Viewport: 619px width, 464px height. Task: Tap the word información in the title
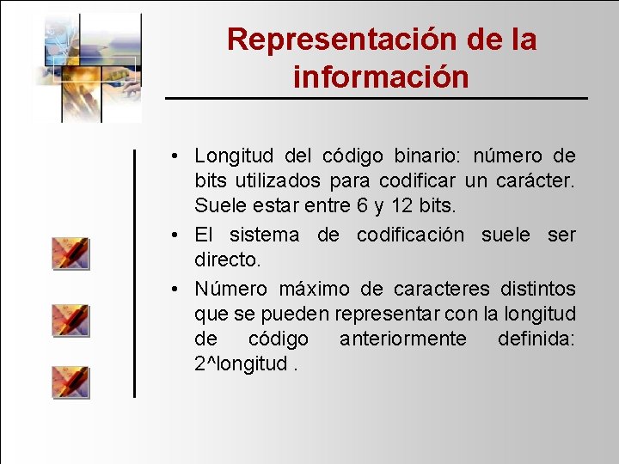click(381, 76)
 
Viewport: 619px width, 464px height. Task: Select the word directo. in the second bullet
click(230, 260)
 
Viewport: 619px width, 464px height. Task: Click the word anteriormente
click(403, 339)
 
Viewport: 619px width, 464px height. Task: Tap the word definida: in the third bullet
click(536, 339)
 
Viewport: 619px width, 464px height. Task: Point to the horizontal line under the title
click(377, 99)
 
